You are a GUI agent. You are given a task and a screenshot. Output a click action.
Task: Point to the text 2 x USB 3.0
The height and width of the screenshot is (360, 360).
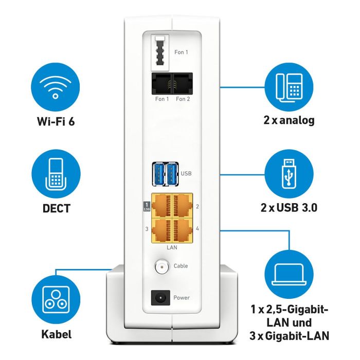(x=289, y=208)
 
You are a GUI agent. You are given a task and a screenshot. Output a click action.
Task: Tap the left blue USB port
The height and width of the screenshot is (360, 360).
(x=158, y=174)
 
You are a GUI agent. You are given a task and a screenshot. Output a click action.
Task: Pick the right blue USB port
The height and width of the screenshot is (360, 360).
(x=172, y=174)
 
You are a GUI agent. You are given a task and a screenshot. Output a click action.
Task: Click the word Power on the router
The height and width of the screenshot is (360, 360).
(x=182, y=298)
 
